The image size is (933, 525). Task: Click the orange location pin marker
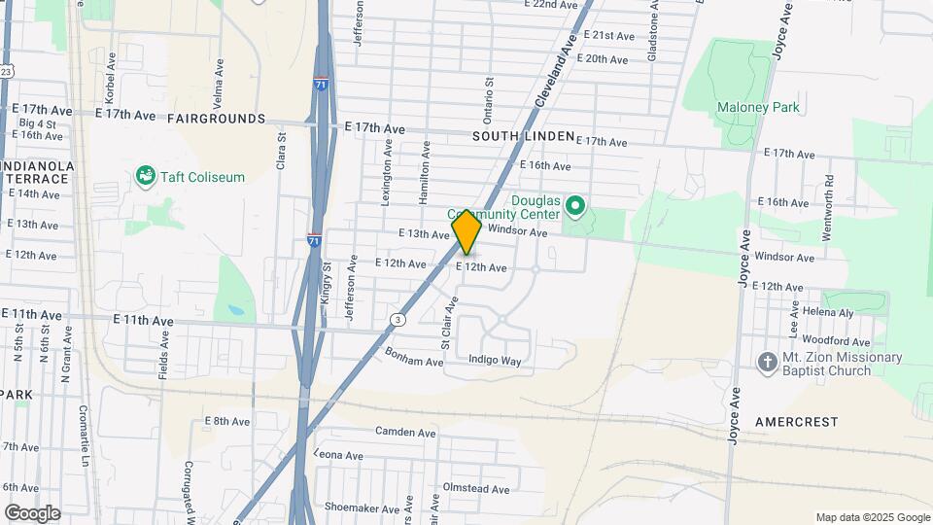(466, 231)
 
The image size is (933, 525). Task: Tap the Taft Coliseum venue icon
(146, 176)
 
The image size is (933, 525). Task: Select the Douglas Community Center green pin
(574, 206)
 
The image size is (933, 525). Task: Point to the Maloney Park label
(758, 107)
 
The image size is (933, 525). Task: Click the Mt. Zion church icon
(768, 362)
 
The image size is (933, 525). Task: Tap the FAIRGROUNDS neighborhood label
(216, 119)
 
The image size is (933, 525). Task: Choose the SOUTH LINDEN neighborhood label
(524, 137)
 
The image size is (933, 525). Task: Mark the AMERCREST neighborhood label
(796, 422)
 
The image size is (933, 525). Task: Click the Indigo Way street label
(495, 361)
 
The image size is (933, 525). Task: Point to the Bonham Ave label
(414, 357)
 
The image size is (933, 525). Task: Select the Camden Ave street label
(405, 432)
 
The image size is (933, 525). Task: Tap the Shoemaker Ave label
(363, 508)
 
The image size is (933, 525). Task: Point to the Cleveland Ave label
(555, 68)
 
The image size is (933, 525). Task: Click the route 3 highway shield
(397, 319)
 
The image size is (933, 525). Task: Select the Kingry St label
(327, 279)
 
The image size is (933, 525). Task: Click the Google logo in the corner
(32, 513)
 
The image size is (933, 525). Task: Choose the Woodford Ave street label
(836, 341)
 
